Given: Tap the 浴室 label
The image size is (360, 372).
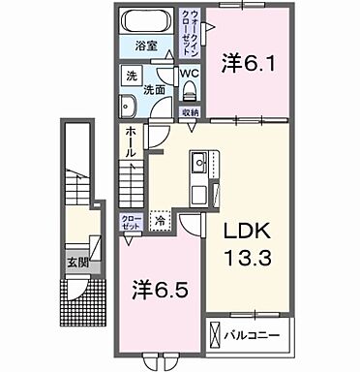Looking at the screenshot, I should pos(146,46).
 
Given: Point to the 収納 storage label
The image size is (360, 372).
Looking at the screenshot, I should pos(191,112).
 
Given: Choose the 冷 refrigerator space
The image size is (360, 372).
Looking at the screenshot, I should pos(159,220).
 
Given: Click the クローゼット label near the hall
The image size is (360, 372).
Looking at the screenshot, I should pos(130,221).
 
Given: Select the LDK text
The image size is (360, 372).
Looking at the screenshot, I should pos(244,232).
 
